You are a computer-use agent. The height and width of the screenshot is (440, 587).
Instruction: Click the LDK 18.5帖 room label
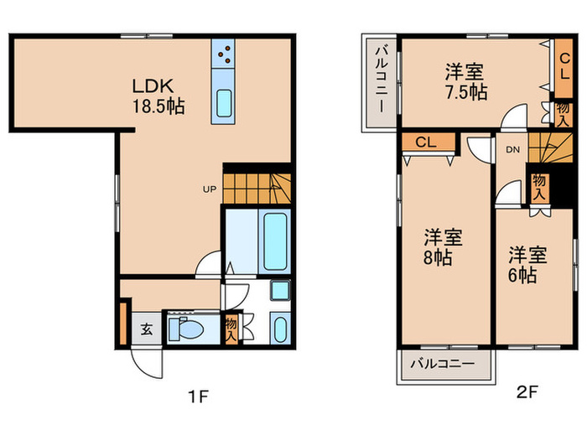coord(158,96)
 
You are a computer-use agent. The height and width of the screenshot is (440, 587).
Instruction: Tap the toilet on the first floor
coord(185,329)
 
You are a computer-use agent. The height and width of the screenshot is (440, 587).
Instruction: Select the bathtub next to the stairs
coord(275,241)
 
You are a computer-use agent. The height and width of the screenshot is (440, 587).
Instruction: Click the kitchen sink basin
coord(224,103)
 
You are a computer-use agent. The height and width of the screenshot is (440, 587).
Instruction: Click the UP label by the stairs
coord(210,189)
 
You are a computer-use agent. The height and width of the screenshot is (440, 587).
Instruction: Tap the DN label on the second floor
coord(513,150)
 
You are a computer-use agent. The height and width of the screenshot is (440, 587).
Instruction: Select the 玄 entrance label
coord(147,329)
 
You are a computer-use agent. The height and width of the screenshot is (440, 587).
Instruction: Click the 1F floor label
coord(198,396)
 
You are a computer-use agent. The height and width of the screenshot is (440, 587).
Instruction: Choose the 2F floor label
coord(527,391)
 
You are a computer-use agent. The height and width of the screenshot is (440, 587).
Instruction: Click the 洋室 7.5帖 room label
coord(465,82)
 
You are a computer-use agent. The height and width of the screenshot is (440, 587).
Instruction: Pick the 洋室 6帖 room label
coord(527,265)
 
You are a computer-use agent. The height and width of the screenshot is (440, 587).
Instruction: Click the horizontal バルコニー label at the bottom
coord(443,363)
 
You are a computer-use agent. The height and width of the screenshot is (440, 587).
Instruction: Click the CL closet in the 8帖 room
coord(428,142)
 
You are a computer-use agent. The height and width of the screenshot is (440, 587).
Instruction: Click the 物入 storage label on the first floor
coord(231,329)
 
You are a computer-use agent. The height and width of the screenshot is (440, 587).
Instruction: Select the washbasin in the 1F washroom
coord(280,290)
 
